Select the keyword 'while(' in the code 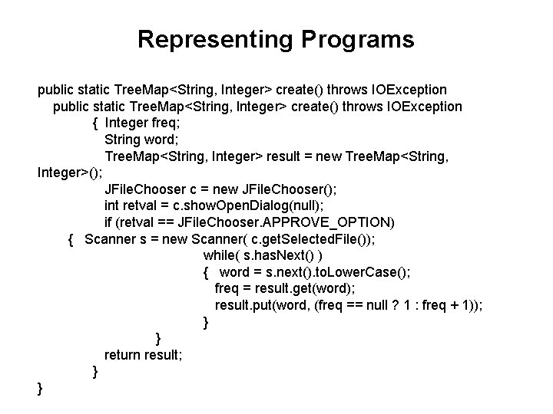220,256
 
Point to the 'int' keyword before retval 113,206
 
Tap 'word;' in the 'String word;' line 147,140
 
